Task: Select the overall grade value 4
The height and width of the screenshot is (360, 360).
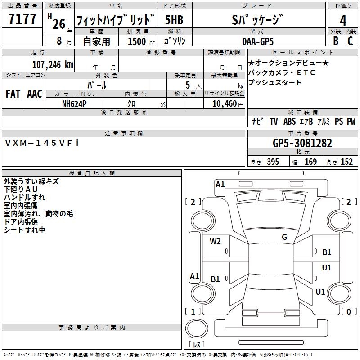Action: point(343,20)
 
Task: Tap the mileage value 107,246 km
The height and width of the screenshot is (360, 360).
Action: point(53,64)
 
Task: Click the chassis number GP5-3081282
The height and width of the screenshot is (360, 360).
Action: point(302,143)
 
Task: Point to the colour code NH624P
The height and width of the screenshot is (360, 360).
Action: point(75,103)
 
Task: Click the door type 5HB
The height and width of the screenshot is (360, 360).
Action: point(174,20)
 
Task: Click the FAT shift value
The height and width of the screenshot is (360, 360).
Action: point(13,94)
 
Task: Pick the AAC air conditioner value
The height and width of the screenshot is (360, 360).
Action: point(34,94)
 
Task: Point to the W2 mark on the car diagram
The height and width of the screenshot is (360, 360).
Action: point(215,241)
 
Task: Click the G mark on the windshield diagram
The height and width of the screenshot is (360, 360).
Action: point(284,237)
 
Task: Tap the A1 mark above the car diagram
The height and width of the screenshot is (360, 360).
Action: point(220,184)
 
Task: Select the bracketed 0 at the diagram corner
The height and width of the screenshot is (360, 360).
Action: point(348,311)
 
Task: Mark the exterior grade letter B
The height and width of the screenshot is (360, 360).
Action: point(335,41)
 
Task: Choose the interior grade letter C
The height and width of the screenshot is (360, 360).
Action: point(350,41)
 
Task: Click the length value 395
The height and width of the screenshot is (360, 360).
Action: point(273,162)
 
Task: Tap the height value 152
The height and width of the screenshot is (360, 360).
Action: point(346,162)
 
